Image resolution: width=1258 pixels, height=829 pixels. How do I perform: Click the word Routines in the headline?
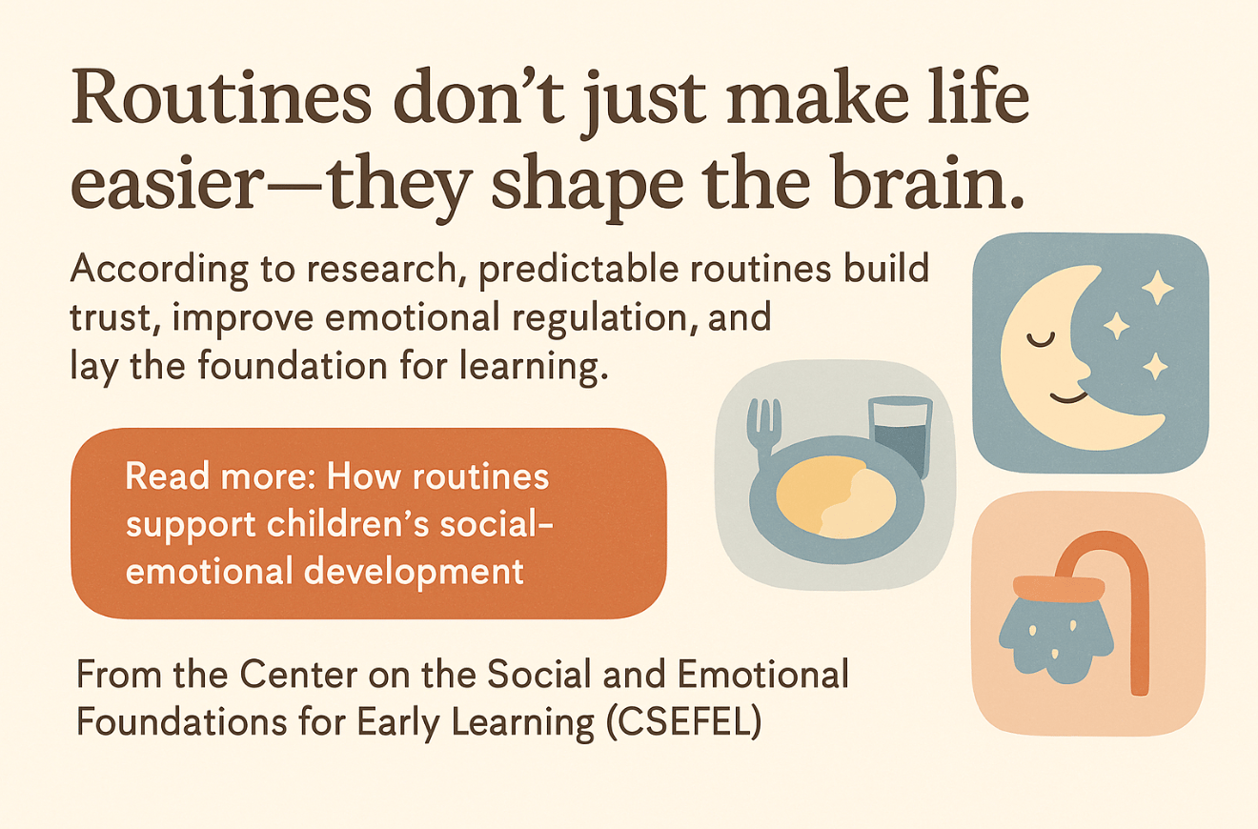(x=221, y=96)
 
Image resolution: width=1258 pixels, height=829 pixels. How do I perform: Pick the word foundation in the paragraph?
(x=292, y=366)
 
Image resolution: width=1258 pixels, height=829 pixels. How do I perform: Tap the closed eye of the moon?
(x=1040, y=339)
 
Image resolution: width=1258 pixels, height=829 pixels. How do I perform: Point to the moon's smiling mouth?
(x=1067, y=397)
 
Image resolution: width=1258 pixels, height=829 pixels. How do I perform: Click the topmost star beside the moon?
(x=1158, y=288)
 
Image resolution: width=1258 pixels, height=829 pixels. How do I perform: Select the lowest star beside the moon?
(x=1156, y=367)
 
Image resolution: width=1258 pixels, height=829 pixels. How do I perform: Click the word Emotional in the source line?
(x=763, y=674)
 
